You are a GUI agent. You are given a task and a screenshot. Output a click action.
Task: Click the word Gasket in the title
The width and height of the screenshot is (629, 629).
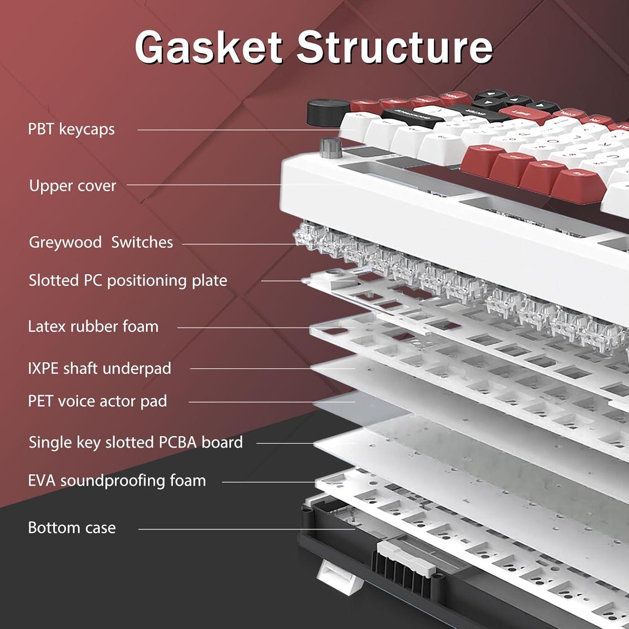coord(208,47)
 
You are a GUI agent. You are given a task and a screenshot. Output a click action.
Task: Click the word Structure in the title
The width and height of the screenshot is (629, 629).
coord(395,47)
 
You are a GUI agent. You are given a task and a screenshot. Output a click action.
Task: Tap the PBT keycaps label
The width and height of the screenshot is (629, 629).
coord(71,129)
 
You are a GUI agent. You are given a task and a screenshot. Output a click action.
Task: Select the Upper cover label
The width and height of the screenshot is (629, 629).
coord(73,185)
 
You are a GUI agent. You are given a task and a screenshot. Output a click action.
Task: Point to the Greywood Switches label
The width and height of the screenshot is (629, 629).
coord(101,242)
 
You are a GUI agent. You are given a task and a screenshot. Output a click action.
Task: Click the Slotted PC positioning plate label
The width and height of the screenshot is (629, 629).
coord(128,280)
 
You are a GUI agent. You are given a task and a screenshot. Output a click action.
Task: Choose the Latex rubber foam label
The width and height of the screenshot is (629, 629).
coord(93,326)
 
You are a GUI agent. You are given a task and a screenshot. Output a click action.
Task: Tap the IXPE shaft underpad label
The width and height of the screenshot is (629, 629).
coord(99,368)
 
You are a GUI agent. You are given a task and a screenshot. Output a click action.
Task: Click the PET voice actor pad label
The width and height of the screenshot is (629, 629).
coord(97,401)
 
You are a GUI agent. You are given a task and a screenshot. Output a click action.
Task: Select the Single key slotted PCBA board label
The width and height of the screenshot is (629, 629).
coord(135,442)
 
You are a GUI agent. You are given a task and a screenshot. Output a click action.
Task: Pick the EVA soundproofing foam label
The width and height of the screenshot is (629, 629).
coord(117,480)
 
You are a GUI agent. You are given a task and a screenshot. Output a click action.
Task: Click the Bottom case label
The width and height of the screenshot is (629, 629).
coord(72,528)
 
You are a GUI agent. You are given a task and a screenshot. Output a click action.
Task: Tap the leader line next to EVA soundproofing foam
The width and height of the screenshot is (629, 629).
coord(268,482)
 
